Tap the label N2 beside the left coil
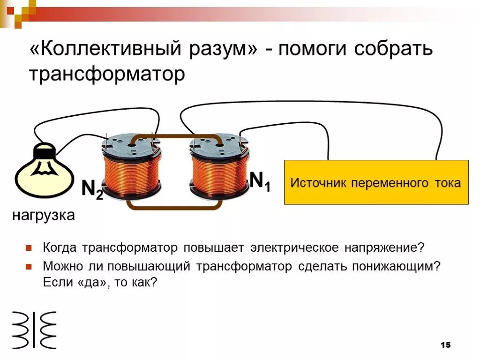pyautogui.click(x=92, y=189)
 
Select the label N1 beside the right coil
pyautogui.click(x=259, y=181)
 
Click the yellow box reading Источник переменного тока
pyautogui.click(x=376, y=182)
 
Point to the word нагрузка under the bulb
pyautogui.click(x=43, y=216)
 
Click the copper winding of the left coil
pyautogui.click(x=131, y=171)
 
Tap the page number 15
pyautogui.click(x=445, y=345)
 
